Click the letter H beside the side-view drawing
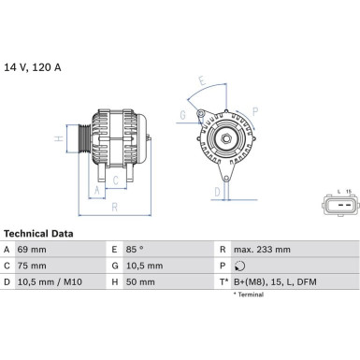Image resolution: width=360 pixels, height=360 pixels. click(x=58, y=140)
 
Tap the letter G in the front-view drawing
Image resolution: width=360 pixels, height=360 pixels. click(x=182, y=116)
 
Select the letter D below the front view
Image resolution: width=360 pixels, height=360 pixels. click(x=216, y=194)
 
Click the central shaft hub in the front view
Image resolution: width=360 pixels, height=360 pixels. click(x=225, y=139)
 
